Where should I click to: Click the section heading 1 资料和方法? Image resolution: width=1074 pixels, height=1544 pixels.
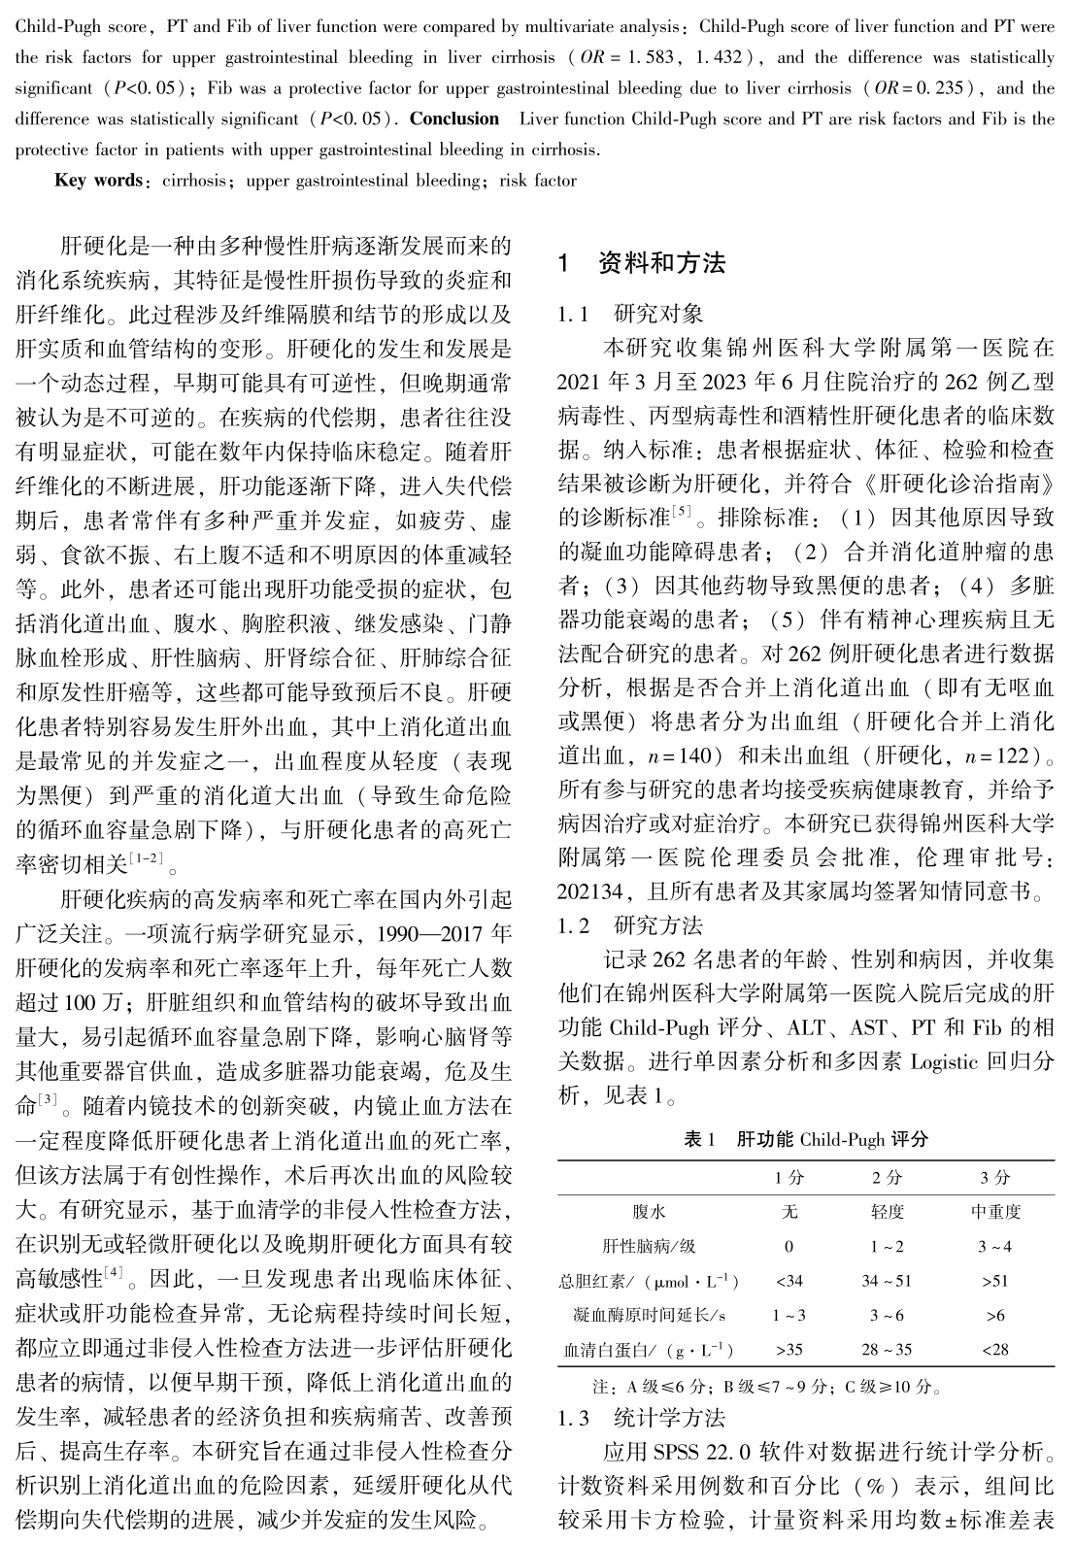[642, 263]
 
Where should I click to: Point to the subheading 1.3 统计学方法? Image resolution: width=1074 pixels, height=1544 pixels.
[641, 1418]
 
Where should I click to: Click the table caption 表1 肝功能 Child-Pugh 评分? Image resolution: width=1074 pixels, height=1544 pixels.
[806, 1139]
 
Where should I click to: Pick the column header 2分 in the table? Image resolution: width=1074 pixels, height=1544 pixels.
[886, 1177]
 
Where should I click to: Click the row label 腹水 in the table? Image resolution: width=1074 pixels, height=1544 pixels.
[649, 1212]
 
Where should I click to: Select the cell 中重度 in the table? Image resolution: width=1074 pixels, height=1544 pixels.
[995, 1212]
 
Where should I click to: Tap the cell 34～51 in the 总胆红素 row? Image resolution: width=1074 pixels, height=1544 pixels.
[886, 1281]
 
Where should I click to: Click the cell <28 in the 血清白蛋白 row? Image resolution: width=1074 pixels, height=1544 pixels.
[995, 1349]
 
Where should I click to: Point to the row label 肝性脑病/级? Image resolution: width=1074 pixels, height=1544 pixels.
[649, 1246]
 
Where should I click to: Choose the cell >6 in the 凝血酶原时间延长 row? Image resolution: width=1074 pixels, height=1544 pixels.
[995, 1315]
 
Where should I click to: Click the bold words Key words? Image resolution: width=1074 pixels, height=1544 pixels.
[98, 181]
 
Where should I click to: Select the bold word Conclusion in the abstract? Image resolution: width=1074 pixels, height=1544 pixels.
[453, 119]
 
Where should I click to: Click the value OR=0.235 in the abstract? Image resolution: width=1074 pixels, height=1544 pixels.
[919, 88]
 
